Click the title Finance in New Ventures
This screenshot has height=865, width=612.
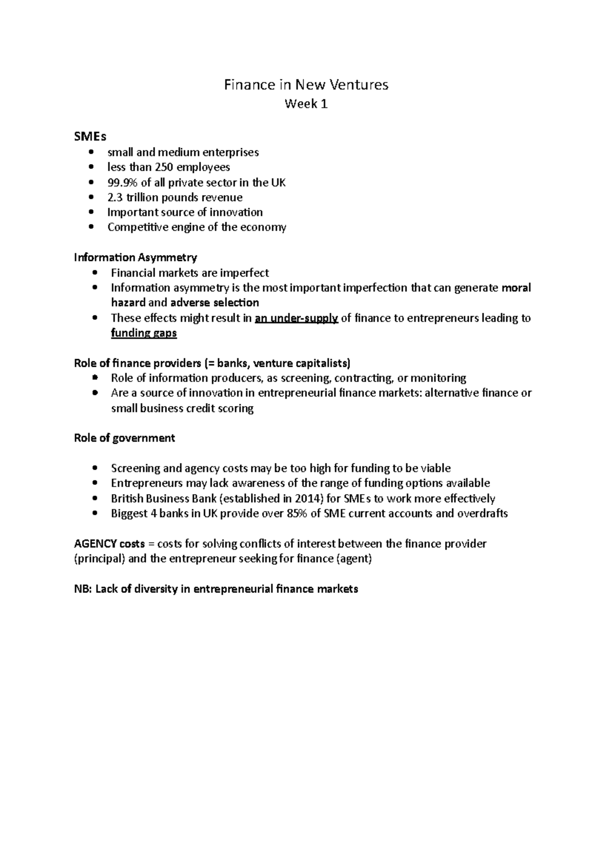306,85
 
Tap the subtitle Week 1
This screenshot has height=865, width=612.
306,104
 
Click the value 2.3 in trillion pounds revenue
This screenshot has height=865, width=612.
115,197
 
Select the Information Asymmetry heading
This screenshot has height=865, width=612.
135,257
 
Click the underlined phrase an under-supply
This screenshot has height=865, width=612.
296,318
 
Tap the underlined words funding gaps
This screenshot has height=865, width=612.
144,333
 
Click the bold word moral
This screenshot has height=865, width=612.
516,288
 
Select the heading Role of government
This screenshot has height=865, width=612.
124,438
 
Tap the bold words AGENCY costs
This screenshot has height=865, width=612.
109,544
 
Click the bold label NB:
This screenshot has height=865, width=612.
83,589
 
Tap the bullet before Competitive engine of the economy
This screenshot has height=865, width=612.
91,227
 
